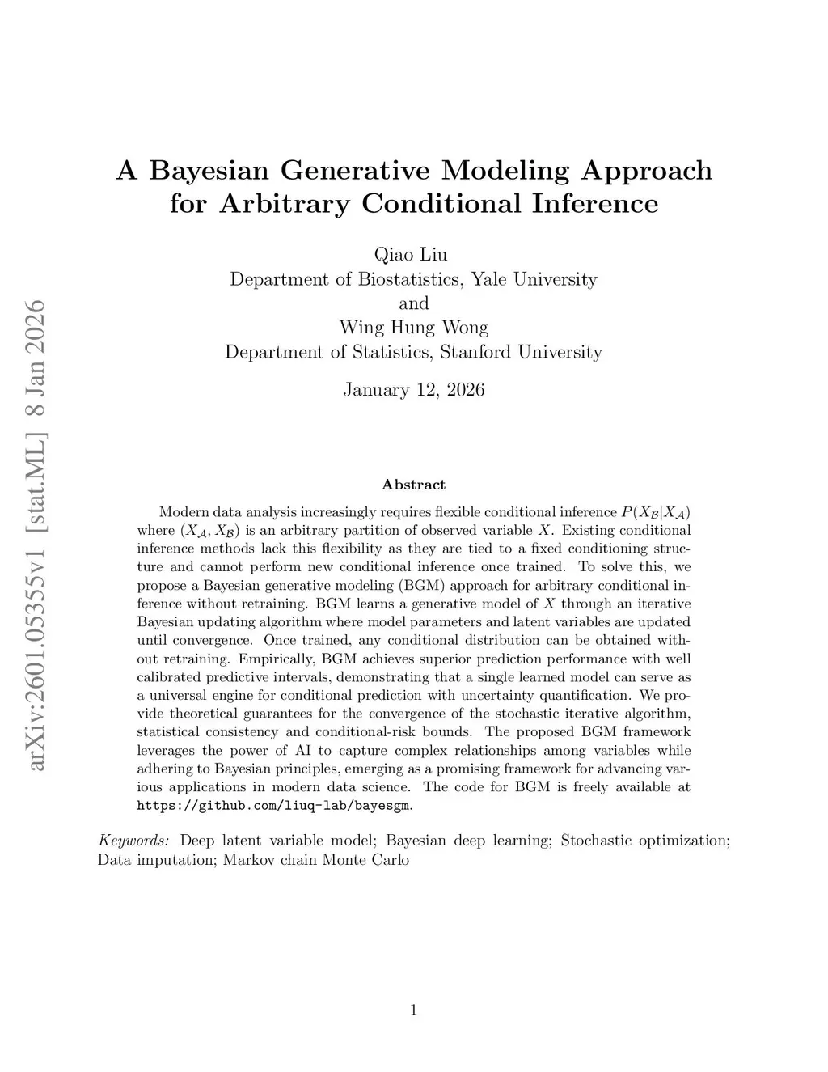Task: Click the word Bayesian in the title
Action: [x=208, y=171]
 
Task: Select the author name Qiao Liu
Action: [x=413, y=255]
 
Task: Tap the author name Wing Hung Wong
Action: [x=413, y=328]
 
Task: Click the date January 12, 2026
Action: [x=413, y=390]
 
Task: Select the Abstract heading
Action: [x=413, y=485]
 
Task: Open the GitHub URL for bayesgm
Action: [x=274, y=806]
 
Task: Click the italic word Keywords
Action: [x=133, y=841]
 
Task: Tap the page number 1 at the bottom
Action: [x=413, y=1009]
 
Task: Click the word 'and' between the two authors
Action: [x=413, y=303]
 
